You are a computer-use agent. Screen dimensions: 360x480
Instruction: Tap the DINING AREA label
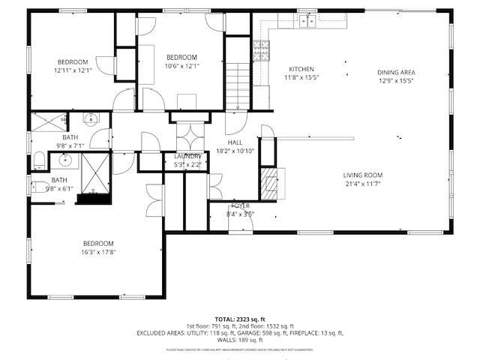[x=396, y=73]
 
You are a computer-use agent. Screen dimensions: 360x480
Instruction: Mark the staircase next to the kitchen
[x=237, y=86]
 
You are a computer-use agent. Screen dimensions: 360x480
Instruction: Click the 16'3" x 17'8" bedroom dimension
[x=99, y=252]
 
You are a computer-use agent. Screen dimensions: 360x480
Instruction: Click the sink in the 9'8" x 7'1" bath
[x=90, y=118]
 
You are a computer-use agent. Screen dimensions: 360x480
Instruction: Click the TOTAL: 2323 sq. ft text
[x=240, y=319]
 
